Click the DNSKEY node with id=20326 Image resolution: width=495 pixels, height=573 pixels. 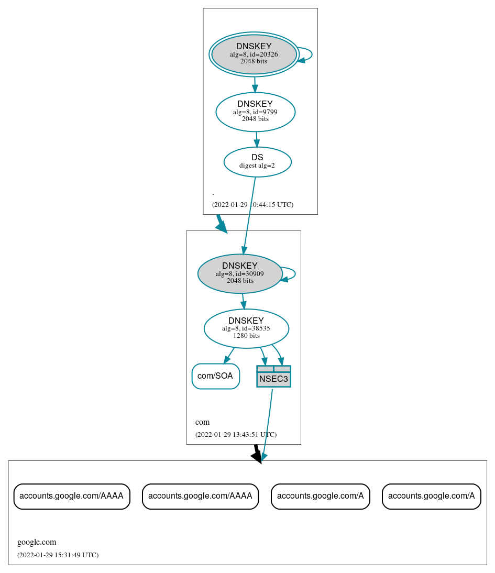[254, 54]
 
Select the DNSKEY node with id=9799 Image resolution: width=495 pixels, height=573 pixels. [255, 112]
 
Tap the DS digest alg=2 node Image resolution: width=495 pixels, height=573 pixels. [257, 162]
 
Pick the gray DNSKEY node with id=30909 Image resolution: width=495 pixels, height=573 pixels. [240, 273]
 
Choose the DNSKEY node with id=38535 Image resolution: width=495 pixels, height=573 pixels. [246, 328]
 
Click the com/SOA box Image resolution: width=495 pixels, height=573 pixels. [215, 376]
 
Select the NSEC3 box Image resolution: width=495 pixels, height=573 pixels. [273, 377]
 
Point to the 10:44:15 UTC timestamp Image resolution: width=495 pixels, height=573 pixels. [252, 204]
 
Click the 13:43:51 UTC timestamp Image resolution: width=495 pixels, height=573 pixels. [236, 434]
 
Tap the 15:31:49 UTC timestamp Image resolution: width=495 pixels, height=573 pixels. [58, 555]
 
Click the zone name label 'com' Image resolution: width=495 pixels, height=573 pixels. [202, 422]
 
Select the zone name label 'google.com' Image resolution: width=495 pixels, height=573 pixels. [37, 542]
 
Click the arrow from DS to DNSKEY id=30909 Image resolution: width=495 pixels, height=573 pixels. [249, 215]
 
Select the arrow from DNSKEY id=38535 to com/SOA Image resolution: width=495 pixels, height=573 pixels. [229, 355]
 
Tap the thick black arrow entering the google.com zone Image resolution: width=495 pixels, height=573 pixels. [257, 454]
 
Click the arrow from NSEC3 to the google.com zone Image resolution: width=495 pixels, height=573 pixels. [267, 424]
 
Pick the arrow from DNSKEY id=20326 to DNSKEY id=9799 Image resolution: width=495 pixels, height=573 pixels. [255, 84]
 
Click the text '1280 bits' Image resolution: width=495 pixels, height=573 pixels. [246, 336]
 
